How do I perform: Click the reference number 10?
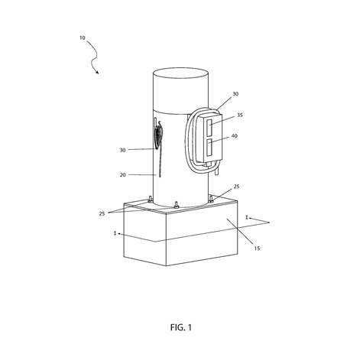tap(83, 38)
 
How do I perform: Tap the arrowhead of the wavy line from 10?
tap(97, 72)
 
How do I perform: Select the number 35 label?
tap(240, 115)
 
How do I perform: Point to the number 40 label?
tap(235, 136)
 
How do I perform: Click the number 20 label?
tap(123, 175)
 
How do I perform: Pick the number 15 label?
tap(257, 248)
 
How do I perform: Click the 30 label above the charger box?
tap(235, 94)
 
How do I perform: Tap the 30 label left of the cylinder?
tap(123, 151)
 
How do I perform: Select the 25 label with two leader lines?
tap(102, 213)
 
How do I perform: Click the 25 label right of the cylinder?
tap(236, 187)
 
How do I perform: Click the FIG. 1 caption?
tap(181, 327)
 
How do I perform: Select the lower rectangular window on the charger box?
tap(210, 148)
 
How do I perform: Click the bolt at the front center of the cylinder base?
tap(176, 205)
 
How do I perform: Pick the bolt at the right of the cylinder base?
tap(211, 199)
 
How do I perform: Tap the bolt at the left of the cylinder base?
tap(150, 200)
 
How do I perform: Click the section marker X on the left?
tap(115, 233)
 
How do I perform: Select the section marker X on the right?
tap(246, 218)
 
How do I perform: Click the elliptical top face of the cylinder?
tap(181, 73)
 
